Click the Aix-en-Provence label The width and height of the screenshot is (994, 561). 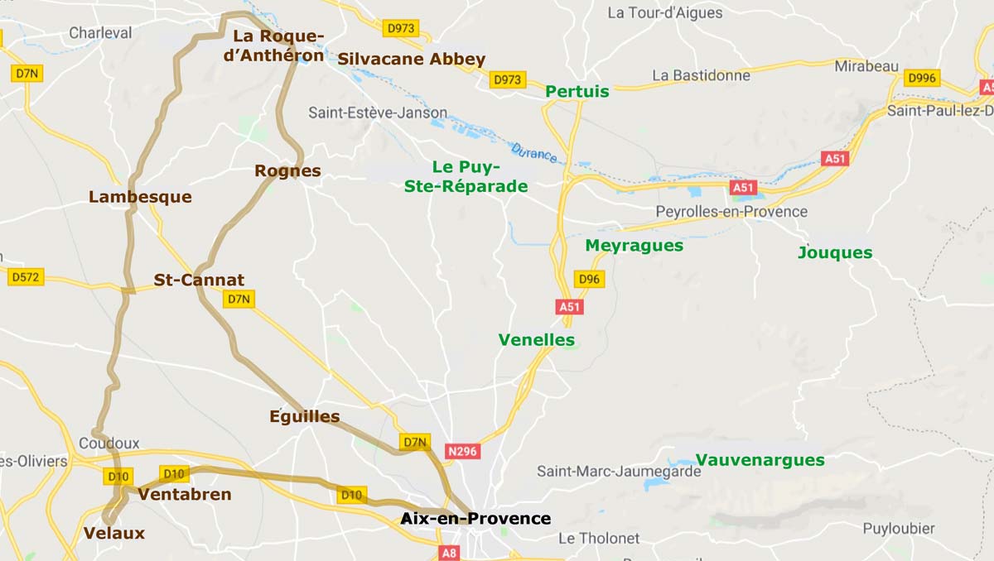click(475, 519)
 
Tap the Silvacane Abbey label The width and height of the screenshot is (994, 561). click(411, 59)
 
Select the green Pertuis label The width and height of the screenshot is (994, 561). click(577, 91)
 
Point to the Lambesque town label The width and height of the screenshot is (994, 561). click(140, 197)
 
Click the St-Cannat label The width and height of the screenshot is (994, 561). click(199, 280)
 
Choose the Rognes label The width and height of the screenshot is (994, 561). click(287, 171)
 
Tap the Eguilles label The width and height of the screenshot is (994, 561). click(305, 416)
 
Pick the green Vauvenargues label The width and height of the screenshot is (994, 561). click(760, 460)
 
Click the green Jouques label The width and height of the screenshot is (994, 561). click(835, 252)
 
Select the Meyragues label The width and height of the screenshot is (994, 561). click(634, 245)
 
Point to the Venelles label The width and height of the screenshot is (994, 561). click(536, 339)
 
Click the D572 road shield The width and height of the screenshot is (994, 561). click(25, 277)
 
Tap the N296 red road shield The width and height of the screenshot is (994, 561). click(462, 451)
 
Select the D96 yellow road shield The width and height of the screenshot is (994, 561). click(589, 279)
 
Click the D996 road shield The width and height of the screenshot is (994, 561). click(922, 78)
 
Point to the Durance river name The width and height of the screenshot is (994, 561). click(534, 152)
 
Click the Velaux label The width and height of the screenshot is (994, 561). click(114, 533)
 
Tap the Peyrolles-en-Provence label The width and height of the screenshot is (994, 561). click(731, 211)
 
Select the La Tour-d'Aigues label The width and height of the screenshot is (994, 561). click(664, 12)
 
